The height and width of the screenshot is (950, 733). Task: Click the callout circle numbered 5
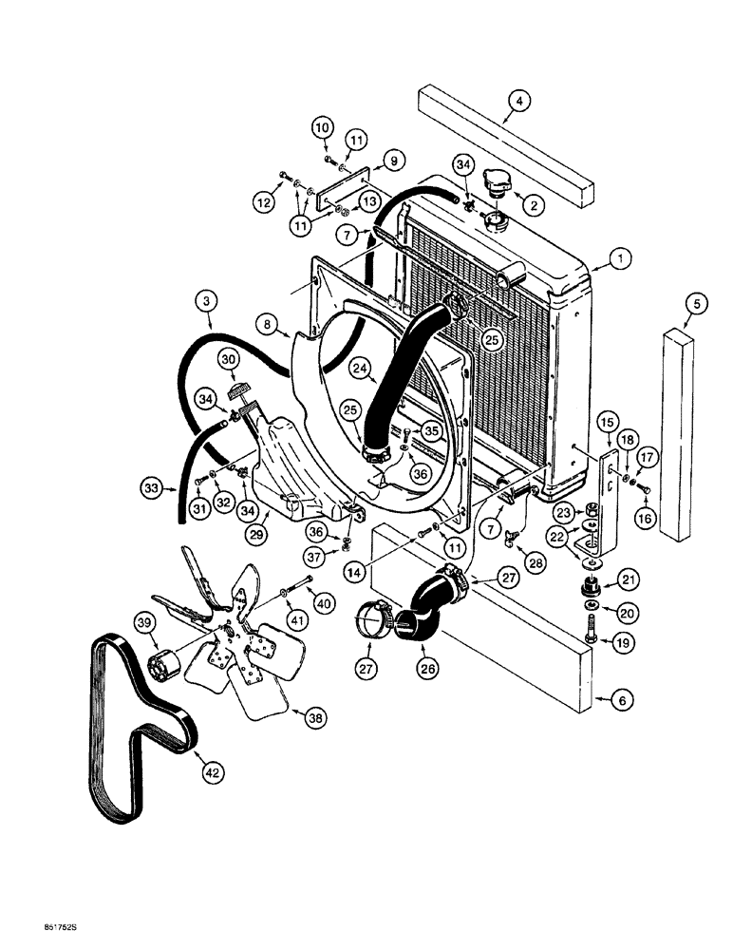695,305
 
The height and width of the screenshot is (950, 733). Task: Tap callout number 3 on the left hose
211,303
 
